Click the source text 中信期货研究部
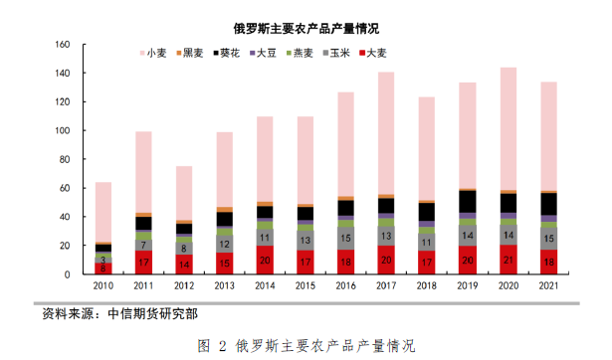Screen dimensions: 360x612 (154, 314)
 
